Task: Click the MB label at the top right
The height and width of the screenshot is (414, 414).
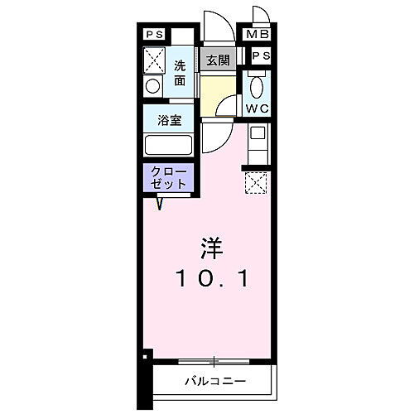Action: tap(254, 35)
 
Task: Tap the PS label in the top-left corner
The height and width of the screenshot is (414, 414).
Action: tap(155, 35)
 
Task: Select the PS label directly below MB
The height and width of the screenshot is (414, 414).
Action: tap(260, 56)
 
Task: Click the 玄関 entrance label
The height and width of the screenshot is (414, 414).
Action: tap(219, 60)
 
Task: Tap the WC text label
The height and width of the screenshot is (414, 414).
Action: tap(257, 108)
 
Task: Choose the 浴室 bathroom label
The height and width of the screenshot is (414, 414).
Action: tap(169, 119)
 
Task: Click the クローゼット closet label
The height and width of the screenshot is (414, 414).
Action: tap(169, 178)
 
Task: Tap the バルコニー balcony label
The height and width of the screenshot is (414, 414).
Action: tap(209, 382)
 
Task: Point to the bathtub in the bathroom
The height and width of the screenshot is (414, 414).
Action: tap(169, 145)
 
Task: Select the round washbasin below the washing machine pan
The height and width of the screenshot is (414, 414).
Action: tap(152, 86)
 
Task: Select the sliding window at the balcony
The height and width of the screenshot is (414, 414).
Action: tap(213, 361)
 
